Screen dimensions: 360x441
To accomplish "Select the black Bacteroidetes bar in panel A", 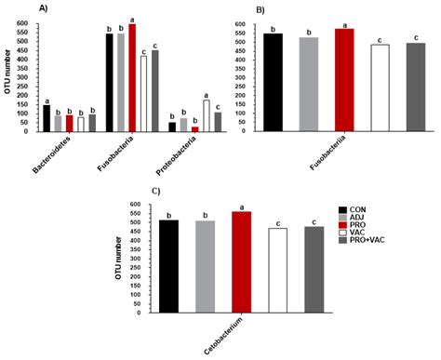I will pos(46,118).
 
